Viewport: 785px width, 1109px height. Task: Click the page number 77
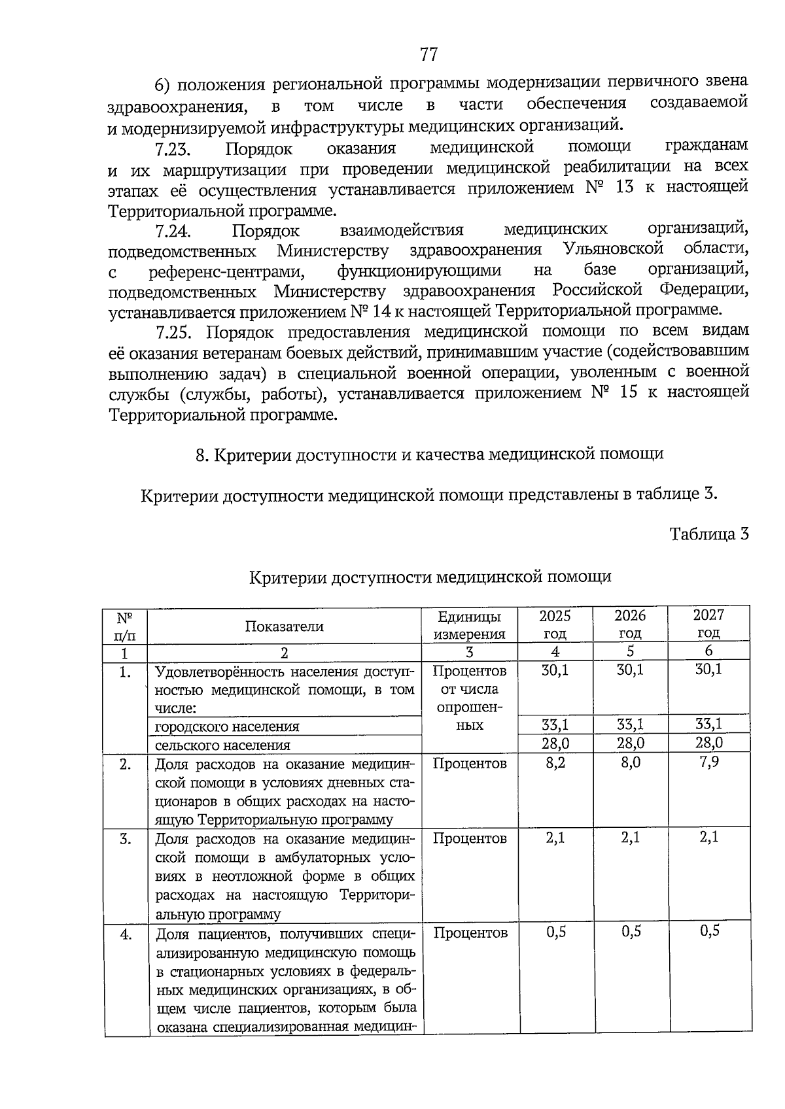tap(428, 54)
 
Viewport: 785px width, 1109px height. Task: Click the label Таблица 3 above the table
tap(708, 534)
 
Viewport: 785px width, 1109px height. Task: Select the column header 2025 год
tap(555, 624)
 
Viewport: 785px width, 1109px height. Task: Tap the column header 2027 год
tap(708, 624)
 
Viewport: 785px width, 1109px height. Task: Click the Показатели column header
tap(284, 626)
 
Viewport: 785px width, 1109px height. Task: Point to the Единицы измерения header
tap(470, 625)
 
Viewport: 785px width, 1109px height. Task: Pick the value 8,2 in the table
tap(555, 762)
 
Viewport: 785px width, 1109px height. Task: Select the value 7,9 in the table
tap(708, 762)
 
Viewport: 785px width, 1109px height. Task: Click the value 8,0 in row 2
tap(631, 762)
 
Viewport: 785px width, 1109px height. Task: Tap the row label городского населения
tap(227, 726)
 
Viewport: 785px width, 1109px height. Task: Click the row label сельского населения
tap(222, 745)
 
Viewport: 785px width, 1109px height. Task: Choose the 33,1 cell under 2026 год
tap(631, 725)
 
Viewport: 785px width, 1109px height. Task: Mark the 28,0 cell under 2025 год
tap(555, 743)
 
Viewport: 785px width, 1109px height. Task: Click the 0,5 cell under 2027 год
tap(709, 931)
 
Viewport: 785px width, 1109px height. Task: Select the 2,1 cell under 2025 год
tap(555, 838)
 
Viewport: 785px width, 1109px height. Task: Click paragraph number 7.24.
tap(173, 231)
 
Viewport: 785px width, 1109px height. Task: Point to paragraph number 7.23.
tap(173, 150)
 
